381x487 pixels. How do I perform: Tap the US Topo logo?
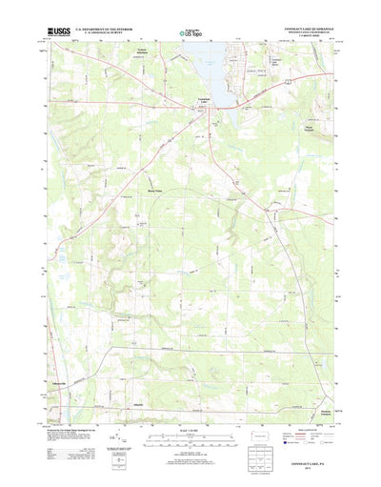(x=190, y=35)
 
